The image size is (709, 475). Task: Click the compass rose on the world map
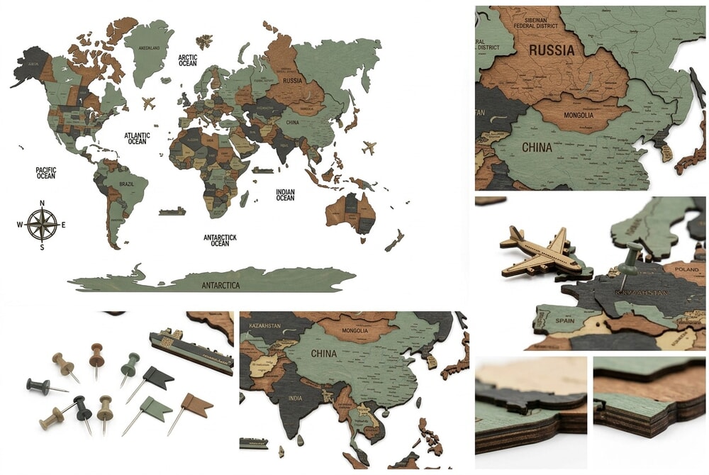click(42, 225)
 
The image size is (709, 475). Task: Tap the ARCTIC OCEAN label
click(187, 61)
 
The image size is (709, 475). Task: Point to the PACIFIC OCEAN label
click(46, 172)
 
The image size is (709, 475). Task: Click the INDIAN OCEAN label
click(285, 194)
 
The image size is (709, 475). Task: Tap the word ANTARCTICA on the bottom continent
click(220, 285)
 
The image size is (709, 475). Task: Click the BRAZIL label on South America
click(127, 184)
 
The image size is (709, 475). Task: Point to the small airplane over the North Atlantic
click(149, 104)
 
